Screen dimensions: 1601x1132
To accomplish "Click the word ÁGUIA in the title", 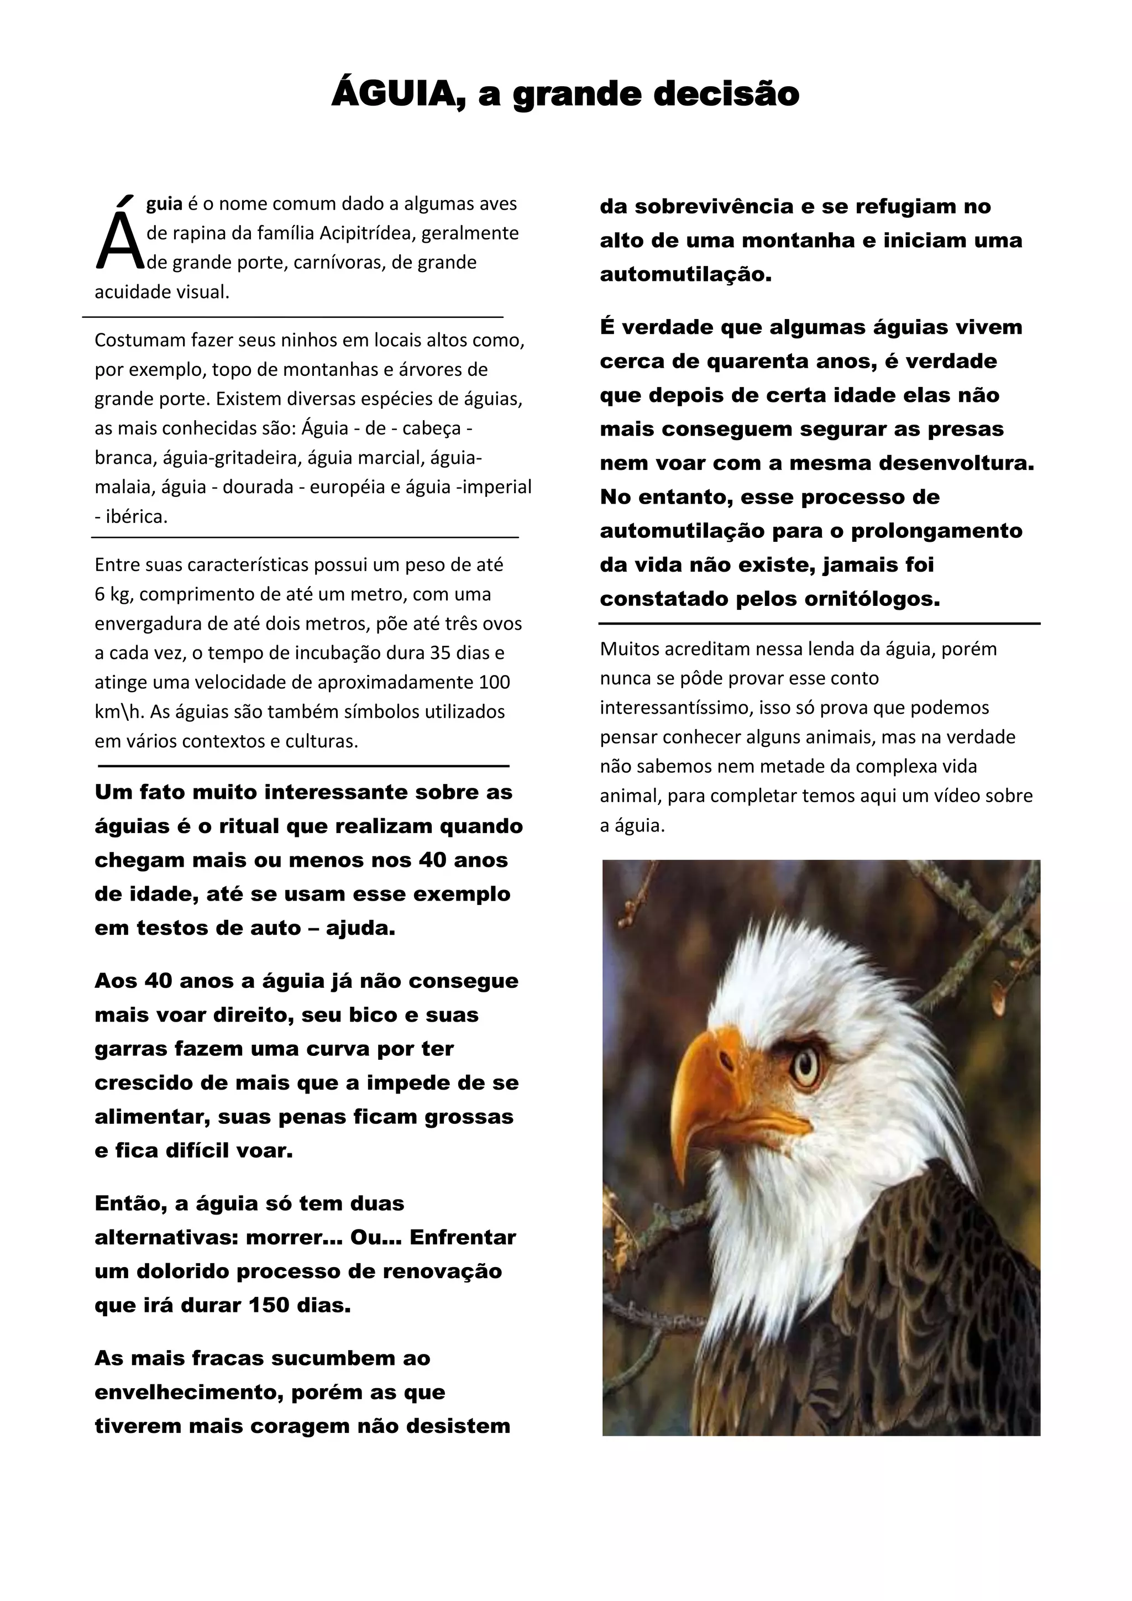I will tap(398, 94).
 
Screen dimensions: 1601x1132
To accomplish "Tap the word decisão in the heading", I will tap(726, 94).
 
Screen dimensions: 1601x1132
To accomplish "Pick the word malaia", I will tap(123, 486).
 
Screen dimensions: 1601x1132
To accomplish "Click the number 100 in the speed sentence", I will tap(495, 683).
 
